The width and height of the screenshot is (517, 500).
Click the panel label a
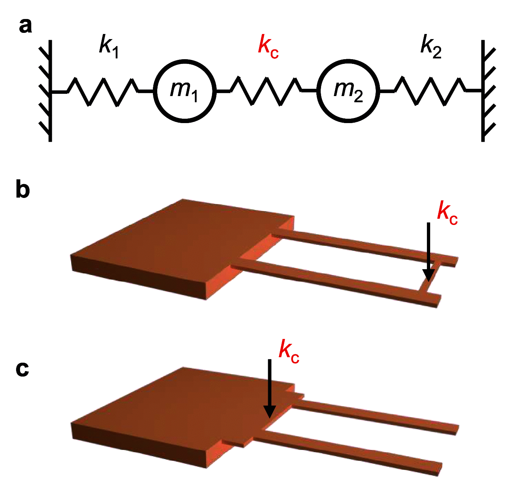coord(25,27)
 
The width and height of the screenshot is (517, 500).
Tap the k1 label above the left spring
coord(109,46)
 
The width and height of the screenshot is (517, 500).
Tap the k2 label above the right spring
coord(431,46)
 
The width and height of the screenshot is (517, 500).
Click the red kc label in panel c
coord(289,351)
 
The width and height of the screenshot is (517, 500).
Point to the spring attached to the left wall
coord(103,91)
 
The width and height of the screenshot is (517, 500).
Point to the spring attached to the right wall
coord(430,91)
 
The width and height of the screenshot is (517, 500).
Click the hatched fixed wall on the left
coord(47,91)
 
